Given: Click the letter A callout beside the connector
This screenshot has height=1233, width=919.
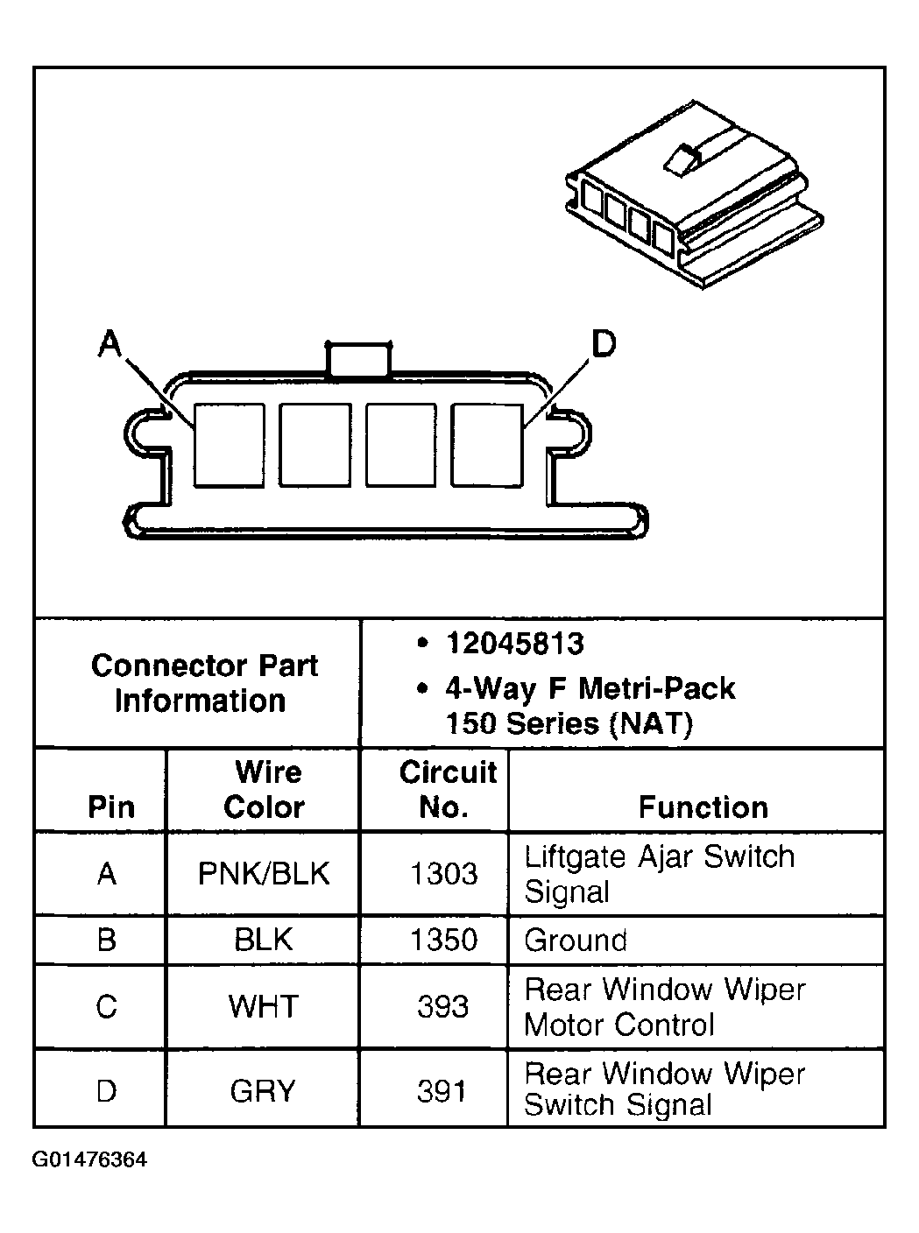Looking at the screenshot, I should click(x=109, y=344).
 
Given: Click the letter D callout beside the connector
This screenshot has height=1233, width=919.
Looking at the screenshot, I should click(x=604, y=344).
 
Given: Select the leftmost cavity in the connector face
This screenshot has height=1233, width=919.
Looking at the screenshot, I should click(x=229, y=445).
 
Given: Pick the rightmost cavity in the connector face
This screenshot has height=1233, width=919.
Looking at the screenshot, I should click(x=487, y=445).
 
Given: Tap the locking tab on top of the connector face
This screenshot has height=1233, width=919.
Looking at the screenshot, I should click(x=358, y=360).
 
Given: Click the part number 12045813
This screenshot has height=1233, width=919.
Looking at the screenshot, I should click(x=514, y=645).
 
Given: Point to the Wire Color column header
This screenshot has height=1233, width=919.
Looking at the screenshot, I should click(x=265, y=789).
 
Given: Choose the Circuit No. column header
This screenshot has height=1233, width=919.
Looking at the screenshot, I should click(x=446, y=789).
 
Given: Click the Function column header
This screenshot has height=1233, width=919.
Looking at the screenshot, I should click(x=703, y=807).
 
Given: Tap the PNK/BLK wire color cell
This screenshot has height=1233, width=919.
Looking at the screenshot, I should click(x=264, y=874).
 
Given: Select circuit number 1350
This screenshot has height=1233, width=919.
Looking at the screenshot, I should click(x=443, y=941).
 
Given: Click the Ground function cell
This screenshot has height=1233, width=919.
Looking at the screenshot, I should click(x=576, y=941).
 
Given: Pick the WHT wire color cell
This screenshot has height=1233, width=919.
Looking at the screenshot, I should click(x=264, y=1006).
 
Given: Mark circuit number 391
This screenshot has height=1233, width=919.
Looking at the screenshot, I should click(x=442, y=1091).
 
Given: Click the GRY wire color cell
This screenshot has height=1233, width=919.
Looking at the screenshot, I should click(x=263, y=1091).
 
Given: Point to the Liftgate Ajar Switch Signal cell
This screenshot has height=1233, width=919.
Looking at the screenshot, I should click(x=659, y=874).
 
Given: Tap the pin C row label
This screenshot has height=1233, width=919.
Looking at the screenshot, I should click(x=106, y=1006).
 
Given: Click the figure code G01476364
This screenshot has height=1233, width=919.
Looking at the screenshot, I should click(x=89, y=1161).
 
